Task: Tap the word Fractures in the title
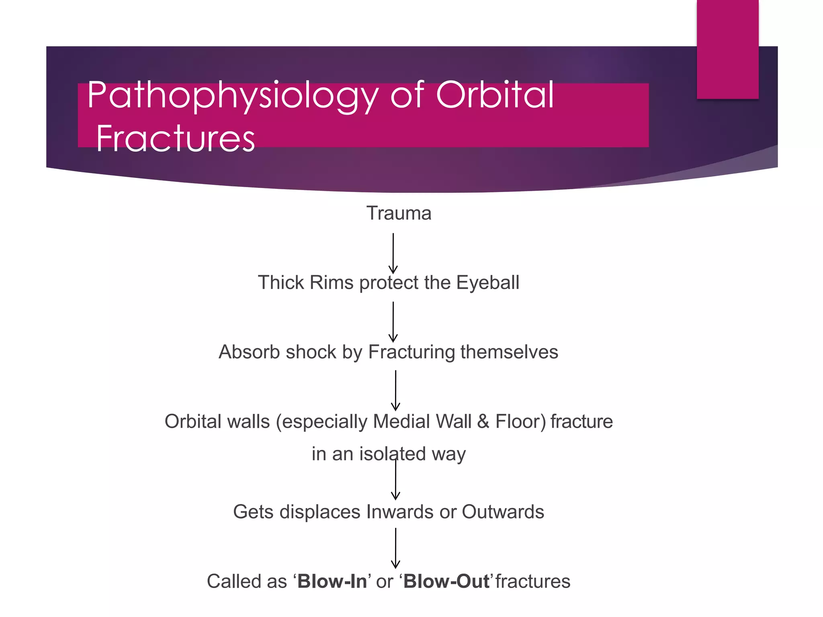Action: click(175, 139)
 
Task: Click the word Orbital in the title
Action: click(495, 95)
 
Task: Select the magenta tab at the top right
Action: click(727, 49)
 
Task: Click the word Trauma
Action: click(399, 213)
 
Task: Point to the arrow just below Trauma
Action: click(393, 253)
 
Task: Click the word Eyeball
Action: click(487, 282)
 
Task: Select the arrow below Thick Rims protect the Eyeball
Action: click(393, 322)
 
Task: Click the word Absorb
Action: click(249, 352)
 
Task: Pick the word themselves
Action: click(509, 352)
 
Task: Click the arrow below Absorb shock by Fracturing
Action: click(395, 390)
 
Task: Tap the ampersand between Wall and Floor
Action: click(483, 422)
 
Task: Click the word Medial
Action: click(402, 422)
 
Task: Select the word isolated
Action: click(392, 454)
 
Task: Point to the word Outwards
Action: click(503, 512)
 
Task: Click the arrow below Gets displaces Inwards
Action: click(395, 548)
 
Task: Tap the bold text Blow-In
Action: click(332, 581)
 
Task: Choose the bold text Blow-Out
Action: click(446, 581)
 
